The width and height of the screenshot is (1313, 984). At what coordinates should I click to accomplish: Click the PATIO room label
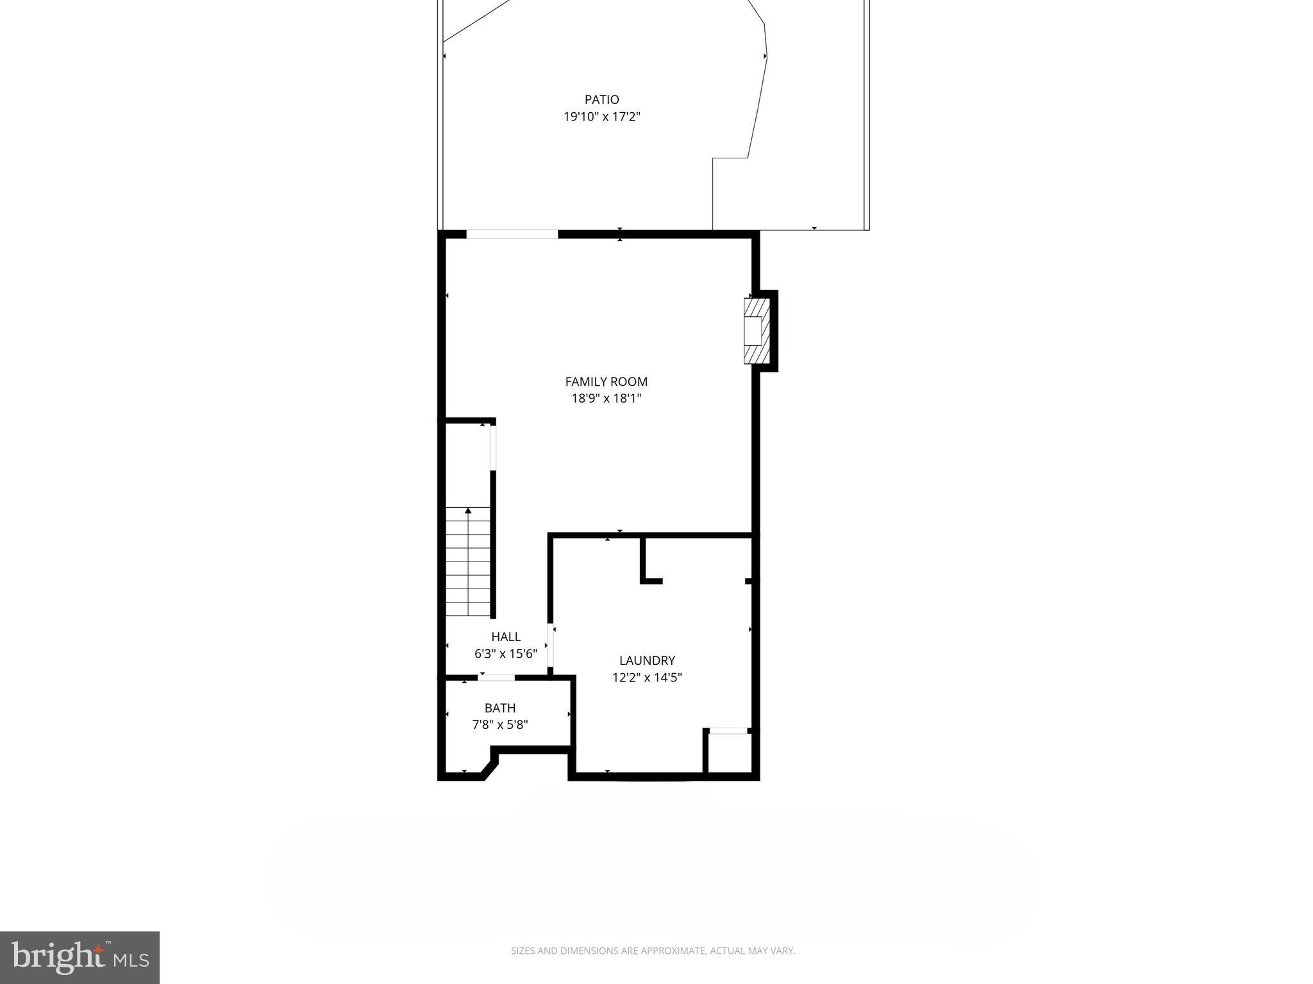point(601,99)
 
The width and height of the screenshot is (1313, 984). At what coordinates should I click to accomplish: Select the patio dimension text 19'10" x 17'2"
point(601,117)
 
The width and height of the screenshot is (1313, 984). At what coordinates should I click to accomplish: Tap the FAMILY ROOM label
point(606,381)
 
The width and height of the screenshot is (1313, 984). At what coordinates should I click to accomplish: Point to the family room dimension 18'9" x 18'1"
point(606,398)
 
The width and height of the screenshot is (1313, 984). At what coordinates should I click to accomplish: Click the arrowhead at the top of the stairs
point(468,511)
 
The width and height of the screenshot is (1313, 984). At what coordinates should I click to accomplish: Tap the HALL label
point(506,637)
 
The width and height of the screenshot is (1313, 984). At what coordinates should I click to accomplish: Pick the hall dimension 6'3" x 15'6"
point(506,654)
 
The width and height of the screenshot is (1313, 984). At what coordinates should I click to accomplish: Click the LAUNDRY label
point(647,660)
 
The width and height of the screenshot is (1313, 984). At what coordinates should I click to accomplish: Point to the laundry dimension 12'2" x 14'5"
point(647,678)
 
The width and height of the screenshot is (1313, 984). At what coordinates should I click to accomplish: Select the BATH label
point(500,708)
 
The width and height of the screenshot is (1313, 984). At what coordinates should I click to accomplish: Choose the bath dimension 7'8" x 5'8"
point(500,725)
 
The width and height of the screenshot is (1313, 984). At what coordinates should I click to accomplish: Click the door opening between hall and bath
point(497,678)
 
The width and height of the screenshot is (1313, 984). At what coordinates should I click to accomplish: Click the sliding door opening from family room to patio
point(512,235)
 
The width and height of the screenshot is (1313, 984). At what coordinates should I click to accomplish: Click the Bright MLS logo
point(79,957)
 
